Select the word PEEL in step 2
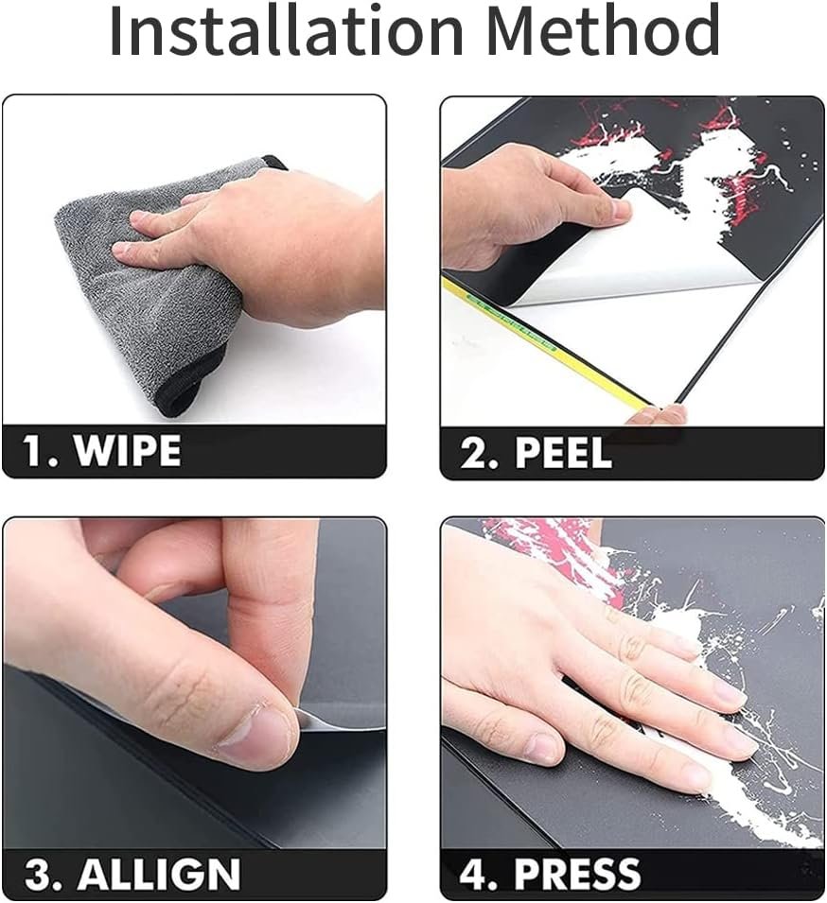(x=563, y=452)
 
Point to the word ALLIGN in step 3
(x=159, y=875)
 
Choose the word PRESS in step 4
(x=577, y=873)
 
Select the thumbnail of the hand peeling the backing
(x=617, y=210)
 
